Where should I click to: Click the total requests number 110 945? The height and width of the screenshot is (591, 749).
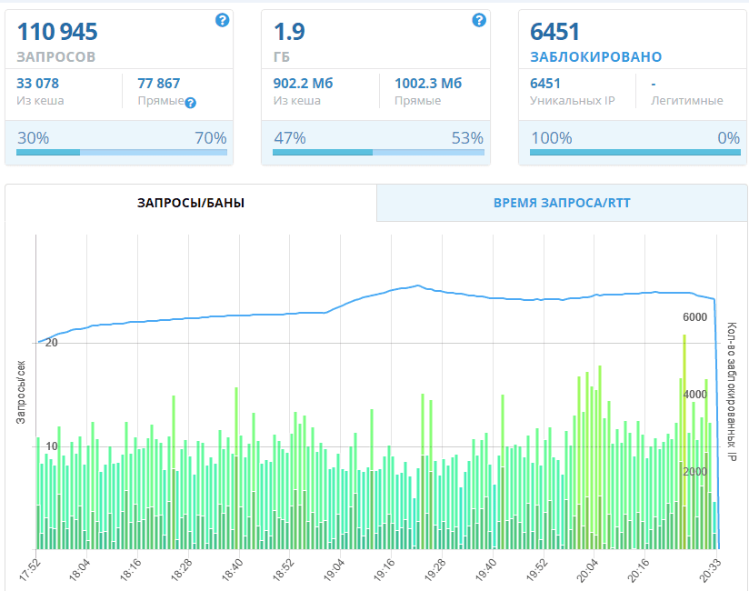(57, 33)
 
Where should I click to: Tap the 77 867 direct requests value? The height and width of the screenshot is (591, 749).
(159, 84)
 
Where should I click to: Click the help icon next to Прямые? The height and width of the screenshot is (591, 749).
(191, 103)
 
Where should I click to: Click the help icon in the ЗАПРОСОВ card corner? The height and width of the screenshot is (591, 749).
(222, 20)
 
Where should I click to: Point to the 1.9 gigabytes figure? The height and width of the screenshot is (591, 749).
(289, 33)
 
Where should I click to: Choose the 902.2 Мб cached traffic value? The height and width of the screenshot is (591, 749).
(303, 84)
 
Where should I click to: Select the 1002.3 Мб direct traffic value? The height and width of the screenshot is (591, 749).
(428, 84)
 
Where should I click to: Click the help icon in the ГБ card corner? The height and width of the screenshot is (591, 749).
(479, 20)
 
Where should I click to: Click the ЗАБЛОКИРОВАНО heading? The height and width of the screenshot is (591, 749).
(595, 57)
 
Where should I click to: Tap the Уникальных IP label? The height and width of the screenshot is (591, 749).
(572, 100)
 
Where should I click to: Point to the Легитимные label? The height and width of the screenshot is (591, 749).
(687, 100)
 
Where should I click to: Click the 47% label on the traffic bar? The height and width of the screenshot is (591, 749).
(289, 138)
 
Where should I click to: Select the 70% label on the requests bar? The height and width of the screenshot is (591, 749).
(210, 138)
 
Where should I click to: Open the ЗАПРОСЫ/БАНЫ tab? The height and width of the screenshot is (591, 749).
(191, 203)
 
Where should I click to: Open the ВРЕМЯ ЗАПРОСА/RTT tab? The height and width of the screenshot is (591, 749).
(562, 203)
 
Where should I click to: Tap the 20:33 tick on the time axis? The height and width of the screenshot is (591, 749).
(715, 570)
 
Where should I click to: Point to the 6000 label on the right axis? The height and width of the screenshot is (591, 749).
(694, 316)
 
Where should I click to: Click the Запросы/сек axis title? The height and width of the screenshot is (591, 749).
(20, 392)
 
